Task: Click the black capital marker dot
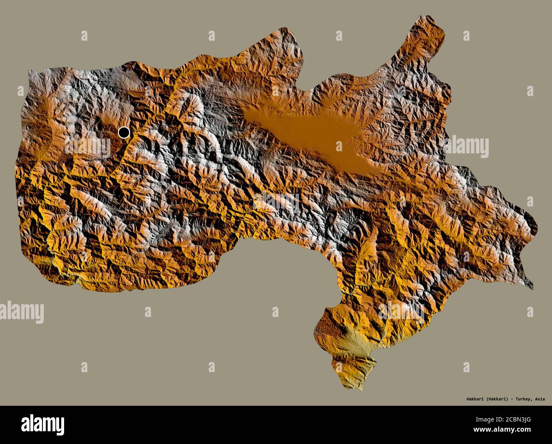(124, 133)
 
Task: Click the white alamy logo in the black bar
(42, 424)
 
